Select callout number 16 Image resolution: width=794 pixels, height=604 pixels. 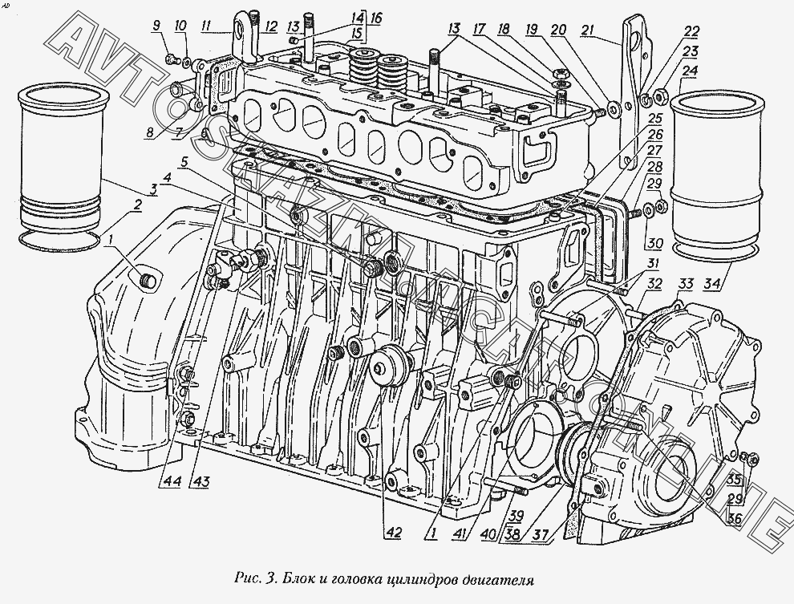click(376, 17)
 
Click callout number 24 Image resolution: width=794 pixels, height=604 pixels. click(689, 70)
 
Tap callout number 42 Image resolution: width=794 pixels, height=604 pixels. click(393, 530)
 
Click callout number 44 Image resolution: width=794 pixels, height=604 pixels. click(173, 481)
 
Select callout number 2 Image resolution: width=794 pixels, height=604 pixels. click(137, 204)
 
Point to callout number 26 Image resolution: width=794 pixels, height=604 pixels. click(656, 134)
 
